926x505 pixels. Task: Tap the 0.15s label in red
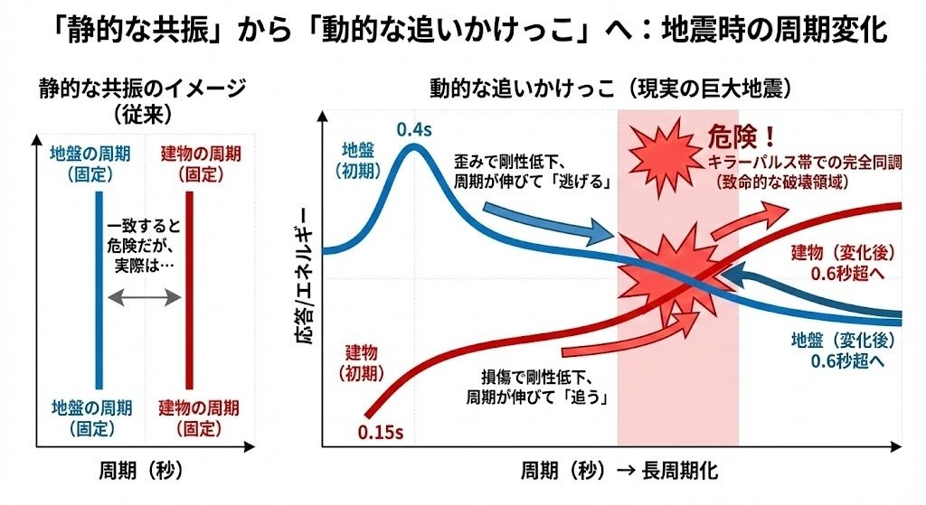380,432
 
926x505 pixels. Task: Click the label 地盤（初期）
363,158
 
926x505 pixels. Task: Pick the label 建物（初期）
363,360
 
